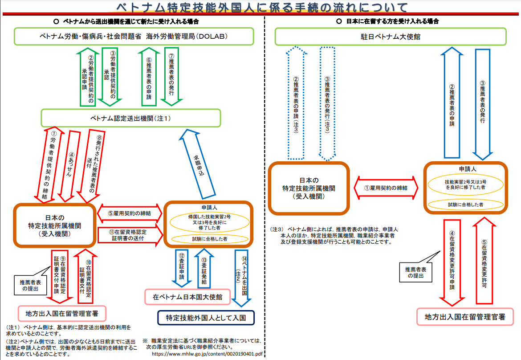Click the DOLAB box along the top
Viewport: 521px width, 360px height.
pos(134,37)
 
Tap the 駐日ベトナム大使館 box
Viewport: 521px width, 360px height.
pos(391,37)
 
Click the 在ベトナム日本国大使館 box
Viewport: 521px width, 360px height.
pos(187,296)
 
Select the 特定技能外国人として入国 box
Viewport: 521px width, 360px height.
pos(205,318)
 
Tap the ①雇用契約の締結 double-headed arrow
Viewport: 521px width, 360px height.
pos(386,188)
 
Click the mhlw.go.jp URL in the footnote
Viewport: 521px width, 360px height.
pos(208,354)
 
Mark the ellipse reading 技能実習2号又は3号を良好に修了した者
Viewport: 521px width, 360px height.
pos(465,185)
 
